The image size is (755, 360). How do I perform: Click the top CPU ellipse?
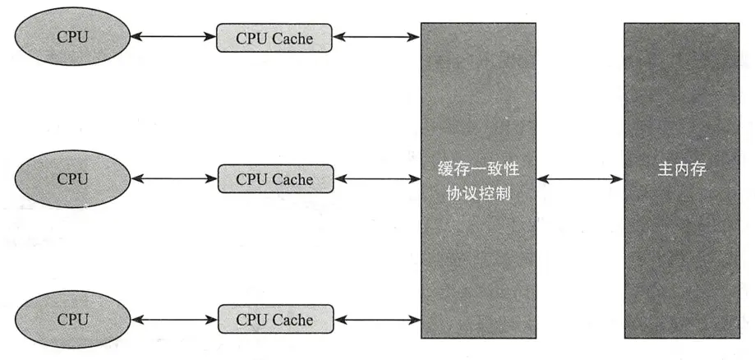[72, 37]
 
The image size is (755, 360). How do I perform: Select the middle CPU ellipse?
[72, 178]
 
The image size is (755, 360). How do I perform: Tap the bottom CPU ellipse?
[72, 319]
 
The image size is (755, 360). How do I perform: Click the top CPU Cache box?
[274, 38]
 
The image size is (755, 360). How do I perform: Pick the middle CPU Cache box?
[275, 178]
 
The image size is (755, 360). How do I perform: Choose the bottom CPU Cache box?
[275, 319]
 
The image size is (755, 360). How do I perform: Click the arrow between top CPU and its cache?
[173, 37]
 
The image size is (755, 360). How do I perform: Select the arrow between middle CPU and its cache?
[173, 178]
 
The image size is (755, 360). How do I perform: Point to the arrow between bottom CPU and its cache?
[173, 319]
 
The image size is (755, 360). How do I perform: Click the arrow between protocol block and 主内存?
[579, 178]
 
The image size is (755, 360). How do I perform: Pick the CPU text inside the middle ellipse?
[72, 178]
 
